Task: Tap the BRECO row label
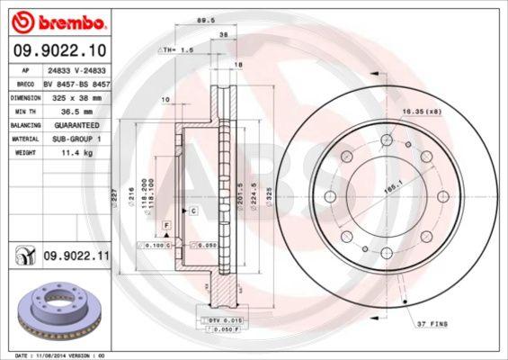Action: [26, 82]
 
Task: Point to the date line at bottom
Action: [56, 355]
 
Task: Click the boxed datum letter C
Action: [192, 210]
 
